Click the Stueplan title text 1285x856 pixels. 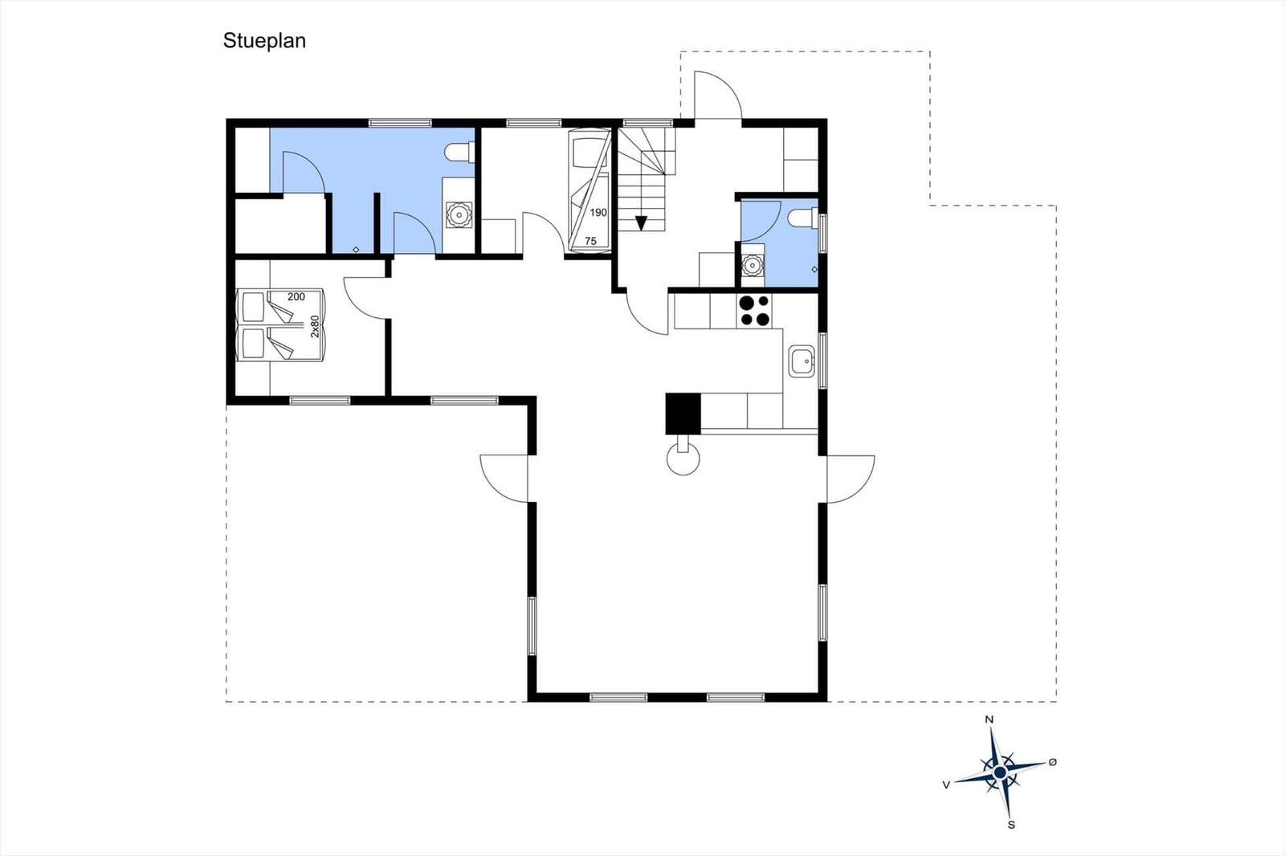(264, 41)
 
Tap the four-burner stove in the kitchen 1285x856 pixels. (754, 311)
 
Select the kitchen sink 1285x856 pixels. (802, 361)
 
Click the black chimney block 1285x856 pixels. (683, 414)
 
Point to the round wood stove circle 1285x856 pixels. (683, 459)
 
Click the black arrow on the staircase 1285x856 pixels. (642, 223)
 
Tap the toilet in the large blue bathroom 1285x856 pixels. (459, 153)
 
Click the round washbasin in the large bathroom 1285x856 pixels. (459, 214)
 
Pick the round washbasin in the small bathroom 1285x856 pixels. (752, 266)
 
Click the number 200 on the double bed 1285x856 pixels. (296, 296)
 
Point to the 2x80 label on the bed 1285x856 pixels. (314, 326)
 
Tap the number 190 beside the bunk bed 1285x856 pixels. (598, 212)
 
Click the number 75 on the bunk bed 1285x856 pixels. (591, 242)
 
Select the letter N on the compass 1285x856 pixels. (989, 719)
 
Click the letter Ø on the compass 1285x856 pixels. (1053, 762)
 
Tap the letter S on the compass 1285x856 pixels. (1011, 825)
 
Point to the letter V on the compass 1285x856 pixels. (946, 785)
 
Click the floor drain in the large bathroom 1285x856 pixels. (357, 250)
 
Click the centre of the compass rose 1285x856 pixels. (1000, 772)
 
